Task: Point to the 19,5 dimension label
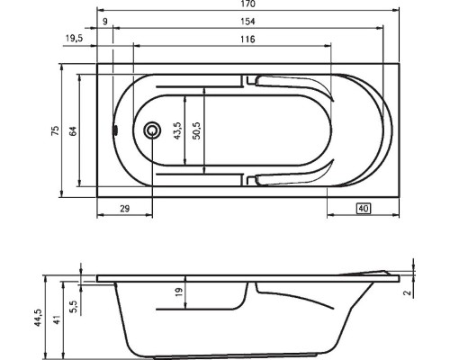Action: click(76, 39)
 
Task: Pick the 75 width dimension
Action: click(55, 130)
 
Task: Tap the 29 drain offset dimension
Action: click(125, 209)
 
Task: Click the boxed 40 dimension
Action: click(363, 209)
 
